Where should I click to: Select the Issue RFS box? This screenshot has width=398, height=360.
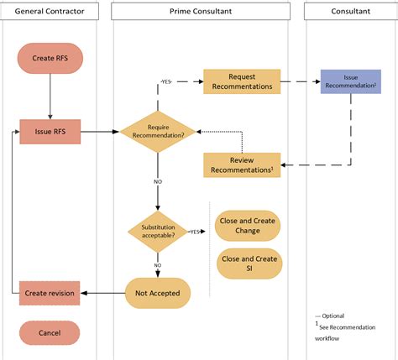(50, 132)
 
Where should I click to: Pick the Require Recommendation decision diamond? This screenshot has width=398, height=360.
(158, 132)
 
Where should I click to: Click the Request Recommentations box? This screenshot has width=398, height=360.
(242, 81)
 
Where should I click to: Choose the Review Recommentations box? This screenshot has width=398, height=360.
(242, 164)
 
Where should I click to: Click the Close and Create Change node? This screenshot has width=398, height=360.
(248, 225)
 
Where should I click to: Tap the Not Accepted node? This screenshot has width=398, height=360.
(158, 292)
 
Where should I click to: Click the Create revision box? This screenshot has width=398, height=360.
(50, 292)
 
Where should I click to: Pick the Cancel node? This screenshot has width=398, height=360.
(50, 332)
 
